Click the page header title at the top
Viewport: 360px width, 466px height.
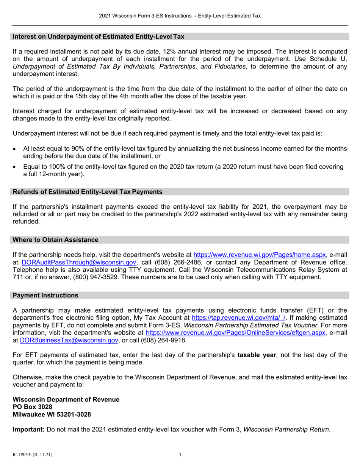pyautogui.click(x=180, y=16)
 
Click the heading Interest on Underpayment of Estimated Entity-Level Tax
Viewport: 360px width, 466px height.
pyautogui.click(x=99, y=37)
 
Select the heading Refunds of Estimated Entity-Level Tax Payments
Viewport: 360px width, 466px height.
pyautogui.click(x=88, y=192)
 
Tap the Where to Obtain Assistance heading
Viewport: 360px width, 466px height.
pyautogui.click(x=56, y=240)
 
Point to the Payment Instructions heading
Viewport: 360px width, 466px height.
pyautogui.click(x=46, y=295)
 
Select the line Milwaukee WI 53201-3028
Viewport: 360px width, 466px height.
pyautogui.click(x=52, y=414)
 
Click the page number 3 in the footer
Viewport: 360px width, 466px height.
pyautogui.click(x=180, y=455)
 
